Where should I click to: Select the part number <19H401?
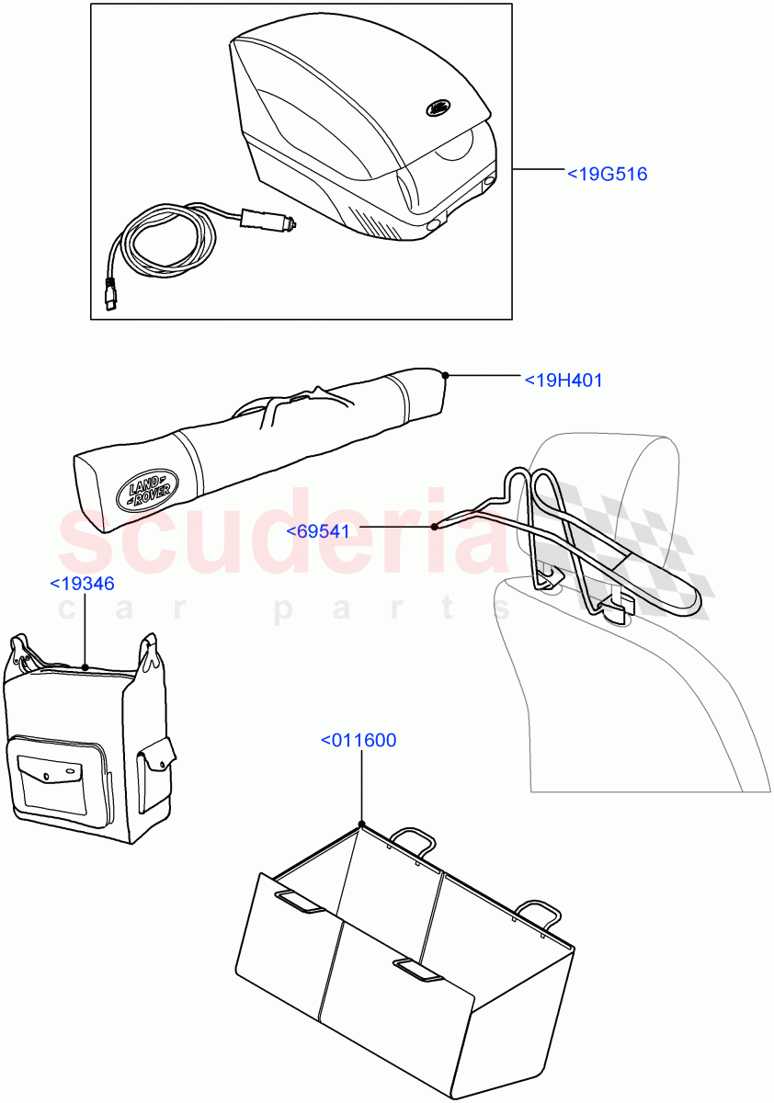563,380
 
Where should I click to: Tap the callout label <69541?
317,531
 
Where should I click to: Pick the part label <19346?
82,583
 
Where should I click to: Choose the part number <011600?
359,740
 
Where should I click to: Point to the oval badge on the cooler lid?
437,108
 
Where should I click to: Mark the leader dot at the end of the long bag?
445,375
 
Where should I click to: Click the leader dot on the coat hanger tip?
435,527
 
